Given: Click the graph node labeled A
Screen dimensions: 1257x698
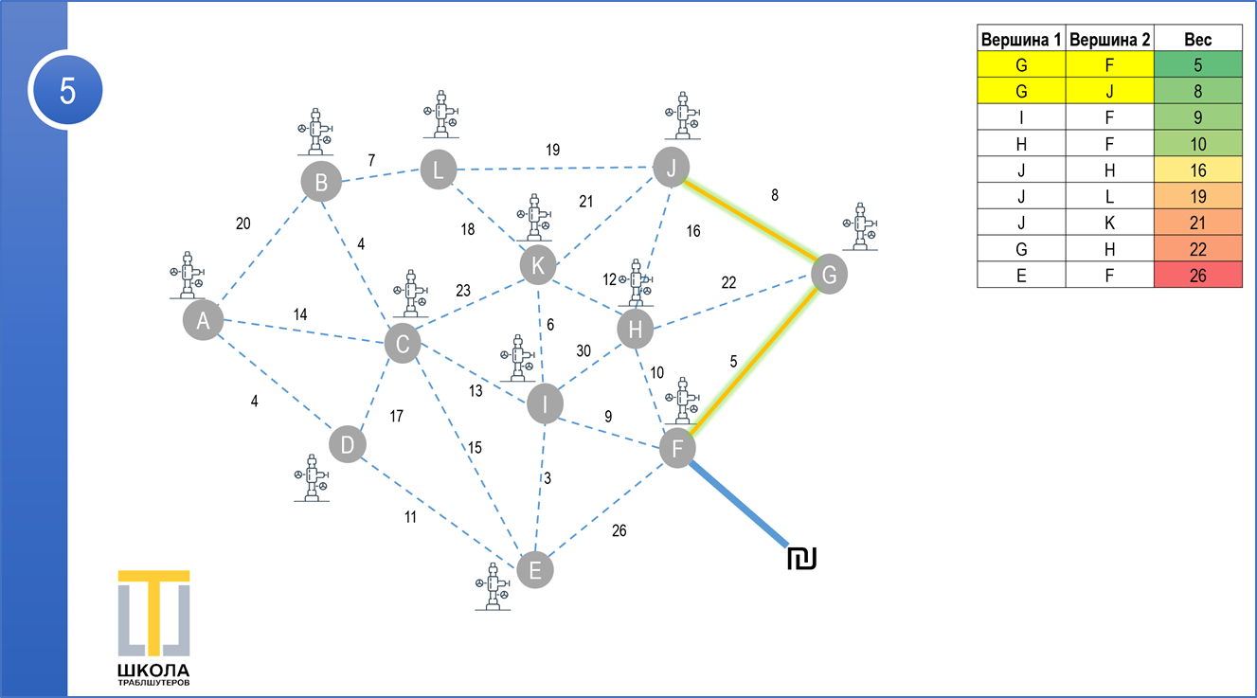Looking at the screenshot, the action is pyautogui.click(x=203, y=320).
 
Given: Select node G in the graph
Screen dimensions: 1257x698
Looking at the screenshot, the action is pyautogui.click(x=829, y=275).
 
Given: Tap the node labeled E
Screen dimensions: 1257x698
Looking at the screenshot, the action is pyautogui.click(x=535, y=570).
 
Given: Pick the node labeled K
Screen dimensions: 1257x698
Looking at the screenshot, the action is pyautogui.click(x=538, y=265).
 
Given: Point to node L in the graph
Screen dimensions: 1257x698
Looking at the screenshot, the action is pyautogui.click(x=439, y=169).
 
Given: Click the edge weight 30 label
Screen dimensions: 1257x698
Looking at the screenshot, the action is pyautogui.click(x=584, y=350).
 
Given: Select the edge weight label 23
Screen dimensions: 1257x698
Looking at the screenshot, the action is pyautogui.click(x=463, y=291).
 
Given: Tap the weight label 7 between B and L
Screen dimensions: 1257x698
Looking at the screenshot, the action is pyautogui.click(x=371, y=160).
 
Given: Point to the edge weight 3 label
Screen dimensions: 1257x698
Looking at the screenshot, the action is pyautogui.click(x=548, y=478).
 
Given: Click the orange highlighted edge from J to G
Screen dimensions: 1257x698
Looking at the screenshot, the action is pyautogui.click(x=750, y=221).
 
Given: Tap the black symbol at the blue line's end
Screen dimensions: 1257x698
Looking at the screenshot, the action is pyautogui.click(x=802, y=559).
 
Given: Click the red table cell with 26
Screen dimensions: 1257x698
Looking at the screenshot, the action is pyautogui.click(x=1197, y=275).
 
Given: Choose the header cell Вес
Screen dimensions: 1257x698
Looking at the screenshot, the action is pyautogui.click(x=1197, y=38).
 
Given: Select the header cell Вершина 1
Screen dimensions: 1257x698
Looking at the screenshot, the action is pyautogui.click(x=1021, y=38).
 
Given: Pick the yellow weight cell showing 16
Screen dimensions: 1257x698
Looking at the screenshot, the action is pyautogui.click(x=1197, y=170).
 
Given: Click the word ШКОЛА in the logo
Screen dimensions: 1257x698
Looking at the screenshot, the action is pyautogui.click(x=153, y=671).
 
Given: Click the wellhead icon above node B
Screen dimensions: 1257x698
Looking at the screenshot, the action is pyautogui.click(x=315, y=132).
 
